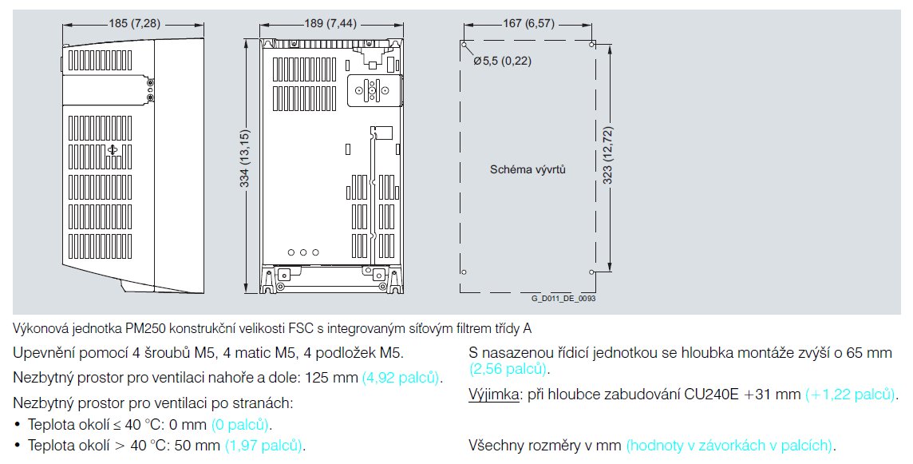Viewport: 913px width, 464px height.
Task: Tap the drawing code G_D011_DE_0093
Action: [x=563, y=298]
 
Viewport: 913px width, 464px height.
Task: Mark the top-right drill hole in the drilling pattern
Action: [x=591, y=45]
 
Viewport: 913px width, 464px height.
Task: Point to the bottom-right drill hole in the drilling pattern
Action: [x=591, y=272]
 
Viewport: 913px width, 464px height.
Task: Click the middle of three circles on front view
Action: [x=303, y=252]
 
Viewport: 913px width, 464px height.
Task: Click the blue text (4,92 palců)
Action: [x=401, y=376]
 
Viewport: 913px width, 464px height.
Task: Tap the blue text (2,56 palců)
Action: [x=508, y=368]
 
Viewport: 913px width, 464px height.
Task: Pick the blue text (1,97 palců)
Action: [x=265, y=445]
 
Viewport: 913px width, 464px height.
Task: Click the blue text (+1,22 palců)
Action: [x=851, y=395]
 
